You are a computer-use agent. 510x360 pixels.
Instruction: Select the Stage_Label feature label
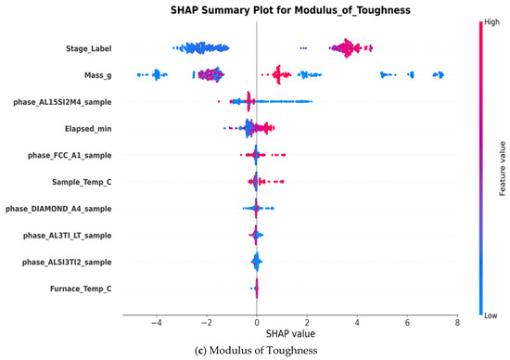coord(88,48)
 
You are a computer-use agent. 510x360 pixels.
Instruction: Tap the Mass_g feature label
coord(98,75)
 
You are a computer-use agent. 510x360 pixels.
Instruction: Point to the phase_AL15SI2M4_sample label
coord(62,102)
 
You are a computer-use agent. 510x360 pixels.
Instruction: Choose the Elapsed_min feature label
coord(88,129)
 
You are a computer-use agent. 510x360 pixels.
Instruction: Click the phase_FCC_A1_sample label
coord(70,156)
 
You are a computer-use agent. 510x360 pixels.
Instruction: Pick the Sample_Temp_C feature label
coord(82,182)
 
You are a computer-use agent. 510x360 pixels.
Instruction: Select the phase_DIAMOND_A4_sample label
coord(58,209)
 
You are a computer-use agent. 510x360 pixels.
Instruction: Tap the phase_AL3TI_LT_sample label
coord(68,236)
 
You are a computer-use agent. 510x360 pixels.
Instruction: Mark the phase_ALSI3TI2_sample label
coord(67,262)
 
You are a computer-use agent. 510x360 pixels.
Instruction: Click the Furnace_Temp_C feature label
coord(81,289)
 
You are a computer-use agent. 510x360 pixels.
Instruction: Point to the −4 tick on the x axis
coord(156,323)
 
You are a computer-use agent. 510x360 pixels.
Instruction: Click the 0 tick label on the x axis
coord(257,323)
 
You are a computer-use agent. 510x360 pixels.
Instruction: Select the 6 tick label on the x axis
coord(408,323)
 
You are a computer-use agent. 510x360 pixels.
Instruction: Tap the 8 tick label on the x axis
coord(458,323)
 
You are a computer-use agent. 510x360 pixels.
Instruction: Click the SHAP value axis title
coord(290,334)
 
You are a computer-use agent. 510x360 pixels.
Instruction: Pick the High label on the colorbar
coord(491,22)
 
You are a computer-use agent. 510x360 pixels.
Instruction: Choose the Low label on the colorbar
coord(491,315)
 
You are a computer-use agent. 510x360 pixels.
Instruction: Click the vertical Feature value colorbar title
coord(503,168)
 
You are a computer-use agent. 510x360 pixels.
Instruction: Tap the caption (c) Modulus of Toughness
coord(256,351)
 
